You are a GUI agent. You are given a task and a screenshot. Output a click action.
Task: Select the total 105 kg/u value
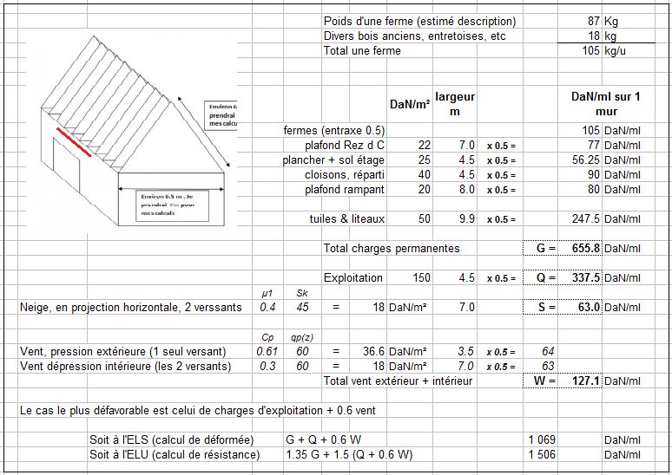[590, 51]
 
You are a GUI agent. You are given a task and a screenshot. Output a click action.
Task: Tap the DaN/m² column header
[411, 105]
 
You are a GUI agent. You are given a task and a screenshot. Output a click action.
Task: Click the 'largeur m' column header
[455, 105]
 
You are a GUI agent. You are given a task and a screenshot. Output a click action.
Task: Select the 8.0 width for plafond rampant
[466, 189]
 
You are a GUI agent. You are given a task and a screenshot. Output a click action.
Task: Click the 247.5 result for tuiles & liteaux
[584, 219]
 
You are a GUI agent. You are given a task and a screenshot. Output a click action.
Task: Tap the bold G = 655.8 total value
[584, 249]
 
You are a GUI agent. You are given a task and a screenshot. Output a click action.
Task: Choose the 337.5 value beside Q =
[584, 278]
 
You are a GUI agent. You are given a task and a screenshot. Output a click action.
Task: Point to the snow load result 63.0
[588, 307]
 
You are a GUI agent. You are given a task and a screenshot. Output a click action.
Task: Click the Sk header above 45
[302, 293]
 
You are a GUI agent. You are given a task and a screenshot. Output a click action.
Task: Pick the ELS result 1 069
[541, 439]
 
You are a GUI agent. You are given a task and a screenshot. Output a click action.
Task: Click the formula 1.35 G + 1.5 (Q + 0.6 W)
[349, 454]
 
